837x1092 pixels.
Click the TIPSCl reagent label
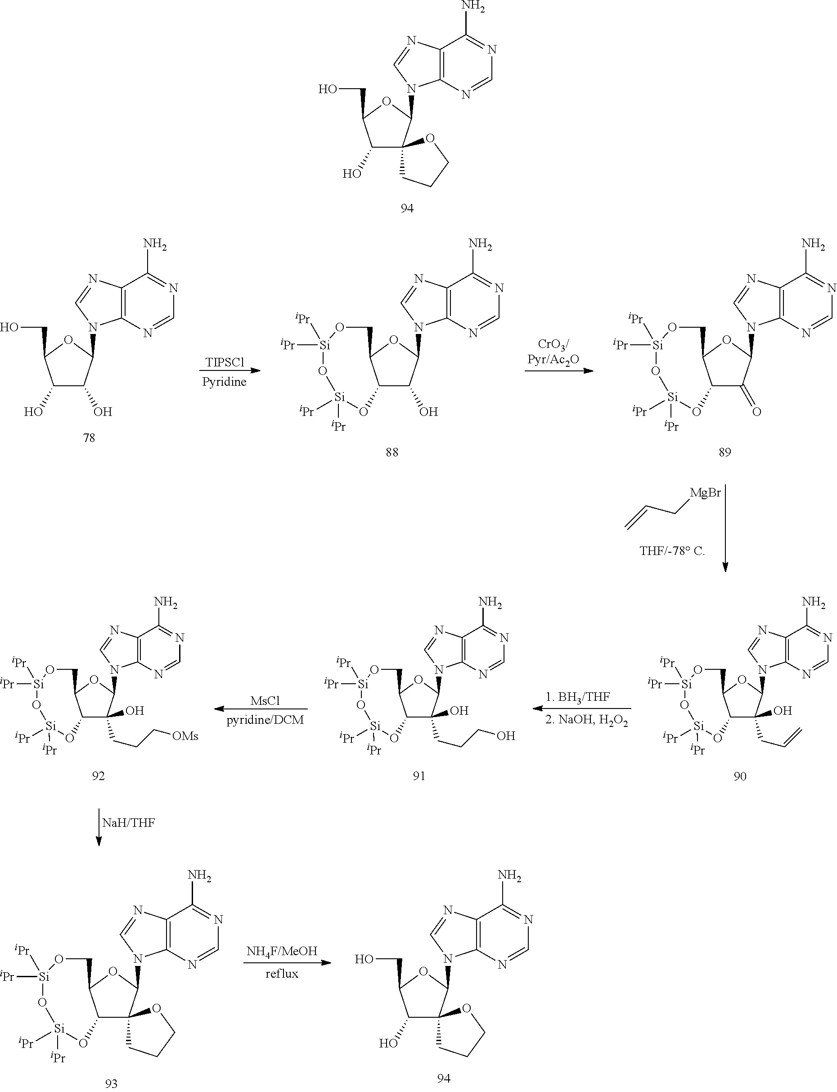(225, 362)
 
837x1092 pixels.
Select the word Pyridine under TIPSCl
(224, 382)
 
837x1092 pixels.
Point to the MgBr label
(705, 493)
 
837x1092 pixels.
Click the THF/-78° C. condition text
(672, 551)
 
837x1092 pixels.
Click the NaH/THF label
(129, 822)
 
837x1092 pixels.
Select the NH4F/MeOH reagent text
(282, 951)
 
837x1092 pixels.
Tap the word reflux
(282, 973)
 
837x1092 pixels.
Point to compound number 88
(391, 452)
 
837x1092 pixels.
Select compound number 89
(725, 452)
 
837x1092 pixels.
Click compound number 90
(740, 776)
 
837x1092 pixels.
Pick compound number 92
(98, 776)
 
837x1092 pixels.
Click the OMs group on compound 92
(185, 736)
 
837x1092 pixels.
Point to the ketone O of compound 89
(756, 412)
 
